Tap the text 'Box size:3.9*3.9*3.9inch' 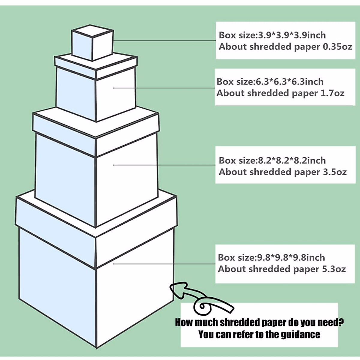click(272, 35)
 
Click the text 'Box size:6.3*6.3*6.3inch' click(270, 82)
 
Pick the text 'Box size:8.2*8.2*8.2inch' click(272, 160)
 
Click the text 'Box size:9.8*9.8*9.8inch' click(271, 258)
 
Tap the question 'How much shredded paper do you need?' click(259, 322)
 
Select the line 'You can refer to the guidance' click(259, 334)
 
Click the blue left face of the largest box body click(57, 279)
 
